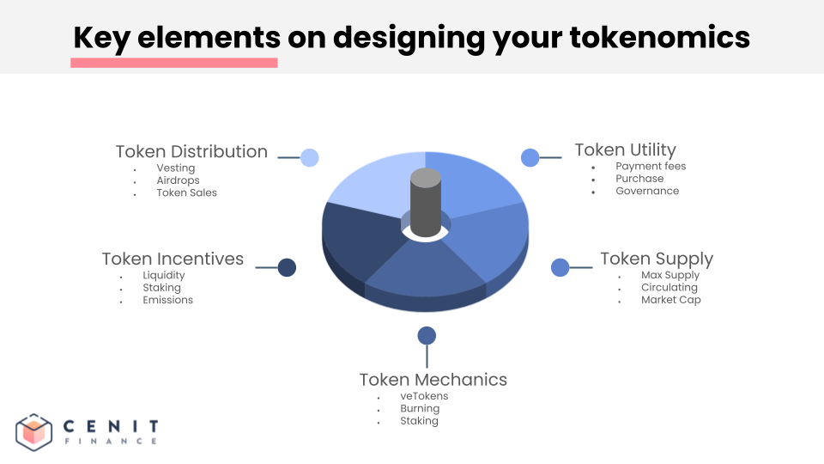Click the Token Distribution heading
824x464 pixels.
click(x=191, y=151)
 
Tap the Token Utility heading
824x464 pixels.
click(x=625, y=150)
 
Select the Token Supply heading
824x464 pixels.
click(x=657, y=259)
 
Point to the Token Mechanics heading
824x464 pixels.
click(x=433, y=380)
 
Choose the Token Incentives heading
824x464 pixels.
click(x=173, y=259)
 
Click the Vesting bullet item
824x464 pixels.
click(x=176, y=168)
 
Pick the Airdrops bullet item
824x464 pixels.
click(x=178, y=180)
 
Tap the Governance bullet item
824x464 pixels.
click(x=647, y=191)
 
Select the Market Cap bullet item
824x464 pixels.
click(x=670, y=300)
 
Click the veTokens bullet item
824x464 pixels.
click(x=424, y=396)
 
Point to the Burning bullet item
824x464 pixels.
click(x=420, y=408)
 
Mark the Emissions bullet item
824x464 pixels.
click(x=167, y=300)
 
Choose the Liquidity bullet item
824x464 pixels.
click(x=164, y=275)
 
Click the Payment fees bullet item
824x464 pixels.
click(x=651, y=166)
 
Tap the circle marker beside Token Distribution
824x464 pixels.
click(x=310, y=157)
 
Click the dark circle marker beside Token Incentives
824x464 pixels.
click(x=288, y=267)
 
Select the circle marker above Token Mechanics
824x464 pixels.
click(x=427, y=335)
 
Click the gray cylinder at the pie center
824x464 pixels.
click(x=426, y=202)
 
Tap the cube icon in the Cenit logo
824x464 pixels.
click(x=35, y=431)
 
